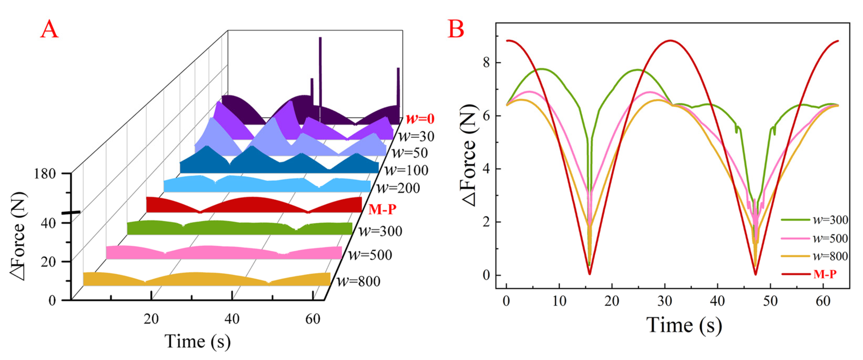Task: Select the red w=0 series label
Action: [x=420, y=119]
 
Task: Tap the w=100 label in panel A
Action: [x=406, y=170]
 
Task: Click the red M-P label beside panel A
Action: [x=382, y=210]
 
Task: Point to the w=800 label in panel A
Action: [x=359, y=281]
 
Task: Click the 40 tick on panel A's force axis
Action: [x=48, y=223]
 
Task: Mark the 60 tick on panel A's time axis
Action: [x=312, y=319]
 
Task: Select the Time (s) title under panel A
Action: [x=198, y=342]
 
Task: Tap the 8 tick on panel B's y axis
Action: [x=487, y=62]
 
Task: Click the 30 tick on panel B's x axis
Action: [x=665, y=301]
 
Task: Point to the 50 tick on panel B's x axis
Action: [x=770, y=301]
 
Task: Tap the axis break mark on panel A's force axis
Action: [x=71, y=212]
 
